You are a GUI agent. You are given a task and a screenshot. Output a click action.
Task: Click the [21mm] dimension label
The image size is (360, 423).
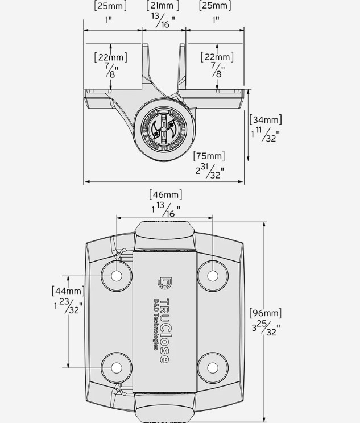(x=163, y=6)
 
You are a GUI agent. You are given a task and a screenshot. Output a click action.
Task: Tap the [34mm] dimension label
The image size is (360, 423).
(x=266, y=120)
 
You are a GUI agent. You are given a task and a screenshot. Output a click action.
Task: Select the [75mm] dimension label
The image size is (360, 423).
(x=209, y=156)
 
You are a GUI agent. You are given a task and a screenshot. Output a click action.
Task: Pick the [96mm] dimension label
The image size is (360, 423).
(x=265, y=313)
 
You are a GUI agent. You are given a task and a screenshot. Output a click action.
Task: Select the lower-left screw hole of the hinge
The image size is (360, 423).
(x=117, y=367)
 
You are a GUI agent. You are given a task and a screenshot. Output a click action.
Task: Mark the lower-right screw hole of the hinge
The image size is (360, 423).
(x=213, y=367)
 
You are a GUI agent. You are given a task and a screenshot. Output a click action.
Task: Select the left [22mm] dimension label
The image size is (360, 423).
(x=110, y=57)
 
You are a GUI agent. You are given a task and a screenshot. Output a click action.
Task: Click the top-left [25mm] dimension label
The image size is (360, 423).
(x=110, y=6)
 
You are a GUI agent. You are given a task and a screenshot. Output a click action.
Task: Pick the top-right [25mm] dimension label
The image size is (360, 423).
(x=215, y=6)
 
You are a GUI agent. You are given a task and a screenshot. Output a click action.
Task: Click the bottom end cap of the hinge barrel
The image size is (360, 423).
(x=164, y=407)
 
